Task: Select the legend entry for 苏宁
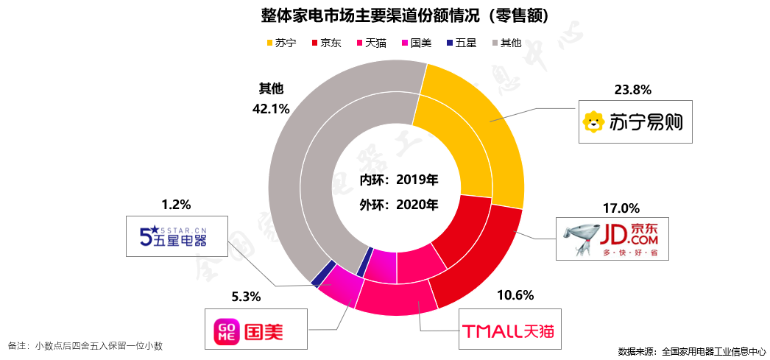point(281,43)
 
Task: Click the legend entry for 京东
point(326,43)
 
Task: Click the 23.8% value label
point(632,90)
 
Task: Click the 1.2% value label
point(176,204)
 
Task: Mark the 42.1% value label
point(270,108)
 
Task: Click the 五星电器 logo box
point(174,236)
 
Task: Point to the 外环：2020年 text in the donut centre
point(399,204)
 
